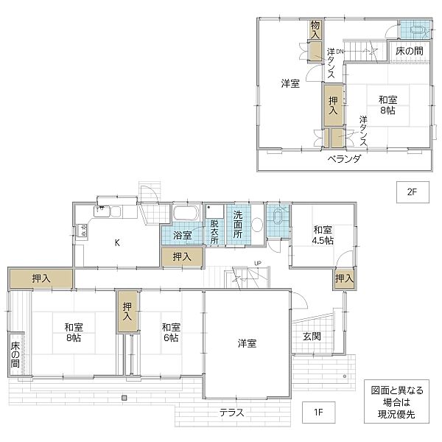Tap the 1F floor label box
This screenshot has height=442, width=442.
tap(318, 410)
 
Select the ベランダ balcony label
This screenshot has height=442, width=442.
tap(343, 160)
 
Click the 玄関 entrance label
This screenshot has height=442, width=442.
tap(311, 336)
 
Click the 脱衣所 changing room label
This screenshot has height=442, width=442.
tap(214, 231)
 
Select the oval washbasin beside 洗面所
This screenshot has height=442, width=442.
tap(258, 225)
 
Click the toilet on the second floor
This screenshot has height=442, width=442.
tap(415, 30)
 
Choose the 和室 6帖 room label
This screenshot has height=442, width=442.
tap(171, 332)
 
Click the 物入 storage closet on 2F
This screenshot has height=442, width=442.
tap(315, 29)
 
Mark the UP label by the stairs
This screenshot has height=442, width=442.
tap(256, 263)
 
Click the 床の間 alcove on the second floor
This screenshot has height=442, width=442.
tap(409, 51)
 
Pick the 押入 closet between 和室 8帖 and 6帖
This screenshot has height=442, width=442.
tap(127, 312)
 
